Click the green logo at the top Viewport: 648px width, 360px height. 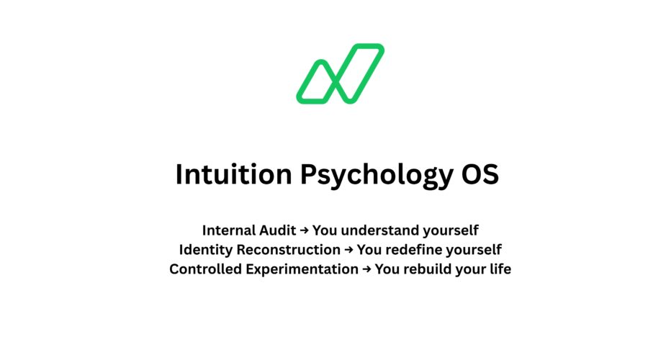click(x=340, y=73)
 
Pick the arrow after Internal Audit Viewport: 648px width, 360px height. click(x=305, y=230)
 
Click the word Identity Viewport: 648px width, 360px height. click(x=204, y=250)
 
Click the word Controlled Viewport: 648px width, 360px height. click(x=204, y=269)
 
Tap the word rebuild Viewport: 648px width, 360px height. click(x=428, y=269)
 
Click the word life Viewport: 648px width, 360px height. click(x=500, y=269)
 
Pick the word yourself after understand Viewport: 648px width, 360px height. click(x=451, y=230)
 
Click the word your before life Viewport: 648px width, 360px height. click(x=470, y=270)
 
